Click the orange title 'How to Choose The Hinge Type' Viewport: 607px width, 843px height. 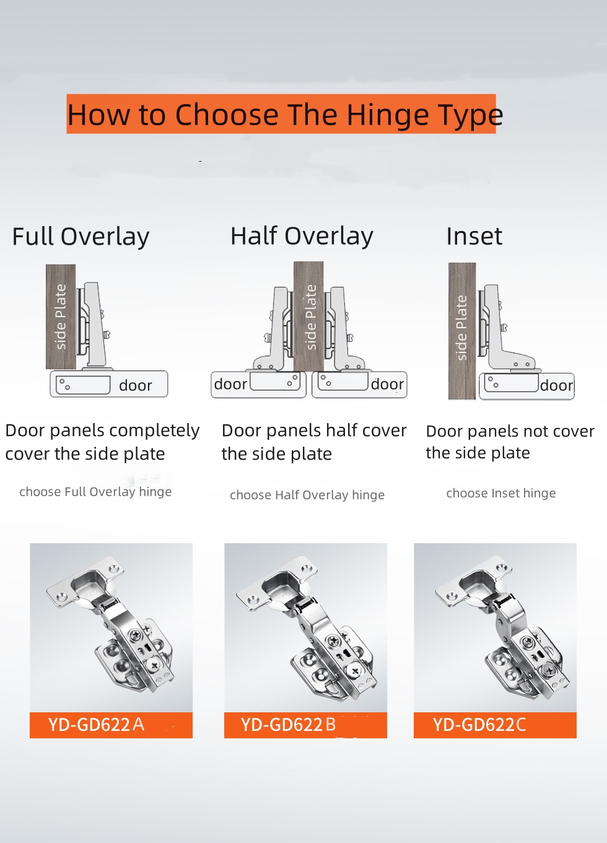(x=285, y=114)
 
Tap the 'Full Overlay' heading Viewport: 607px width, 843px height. (x=81, y=237)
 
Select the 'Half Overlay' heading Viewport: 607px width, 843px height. (x=302, y=237)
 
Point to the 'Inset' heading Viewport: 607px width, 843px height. (x=474, y=237)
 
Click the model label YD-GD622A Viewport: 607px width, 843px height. (x=97, y=725)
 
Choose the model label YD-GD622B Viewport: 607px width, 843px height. (x=288, y=725)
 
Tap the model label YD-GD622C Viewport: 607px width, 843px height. (x=479, y=725)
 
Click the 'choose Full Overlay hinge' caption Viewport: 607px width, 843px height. (x=95, y=492)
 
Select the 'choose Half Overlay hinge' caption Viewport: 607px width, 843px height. (x=307, y=495)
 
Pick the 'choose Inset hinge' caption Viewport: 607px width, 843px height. (x=501, y=493)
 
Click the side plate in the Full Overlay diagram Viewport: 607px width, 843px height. (x=61, y=317)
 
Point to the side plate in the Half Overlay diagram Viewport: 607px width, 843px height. (x=308, y=316)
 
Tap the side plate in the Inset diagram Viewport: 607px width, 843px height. (x=462, y=331)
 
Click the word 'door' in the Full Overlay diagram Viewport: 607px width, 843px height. (x=136, y=385)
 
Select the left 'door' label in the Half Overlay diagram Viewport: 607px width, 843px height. (x=230, y=384)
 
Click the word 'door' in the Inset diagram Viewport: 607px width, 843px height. (x=557, y=385)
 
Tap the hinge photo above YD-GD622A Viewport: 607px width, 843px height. (x=111, y=627)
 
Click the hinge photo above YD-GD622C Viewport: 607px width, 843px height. (x=496, y=627)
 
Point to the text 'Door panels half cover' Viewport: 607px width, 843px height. (x=314, y=430)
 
